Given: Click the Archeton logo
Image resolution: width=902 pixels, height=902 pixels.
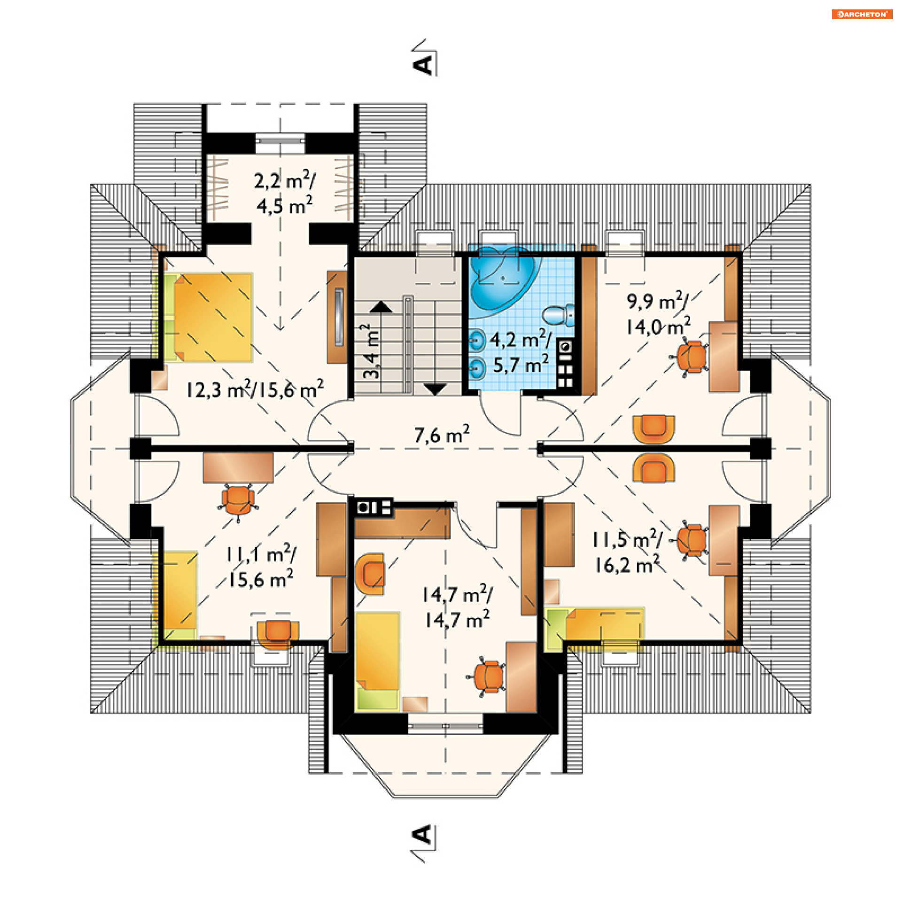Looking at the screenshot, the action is pos(862,14).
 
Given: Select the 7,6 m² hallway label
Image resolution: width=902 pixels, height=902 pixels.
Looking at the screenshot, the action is pos(442,434).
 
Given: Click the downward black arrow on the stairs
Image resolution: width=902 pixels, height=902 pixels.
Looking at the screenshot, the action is pos(435,389).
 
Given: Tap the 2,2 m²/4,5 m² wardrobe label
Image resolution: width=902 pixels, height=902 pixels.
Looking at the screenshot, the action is pos(285,192).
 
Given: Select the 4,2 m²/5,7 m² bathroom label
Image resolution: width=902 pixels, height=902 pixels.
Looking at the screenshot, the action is pos(521,351).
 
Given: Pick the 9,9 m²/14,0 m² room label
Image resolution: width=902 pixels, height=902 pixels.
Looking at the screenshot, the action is pos(658,313).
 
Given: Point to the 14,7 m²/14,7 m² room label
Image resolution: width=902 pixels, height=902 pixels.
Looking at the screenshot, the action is pos(457,607).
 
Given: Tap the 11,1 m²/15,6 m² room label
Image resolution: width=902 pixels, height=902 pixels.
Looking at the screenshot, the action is pos(261,566).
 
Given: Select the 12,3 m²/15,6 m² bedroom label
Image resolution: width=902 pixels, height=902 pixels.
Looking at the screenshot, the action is pos(255,389).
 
